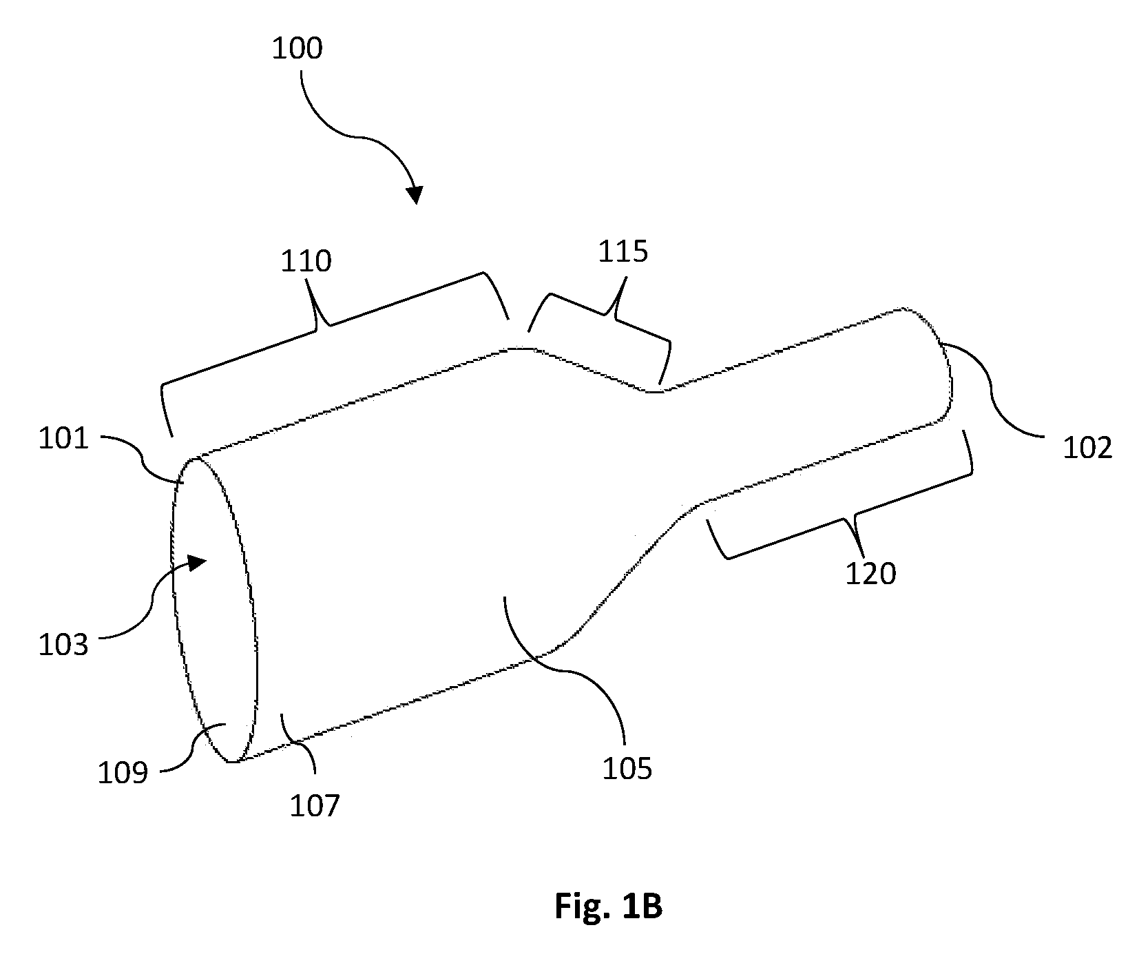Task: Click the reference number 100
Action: (x=297, y=50)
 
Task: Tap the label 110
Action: (x=306, y=261)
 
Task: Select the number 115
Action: (x=623, y=252)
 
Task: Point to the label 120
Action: (x=870, y=574)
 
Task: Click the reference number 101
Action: (x=63, y=438)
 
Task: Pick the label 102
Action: (x=1087, y=448)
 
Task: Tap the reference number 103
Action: (x=63, y=645)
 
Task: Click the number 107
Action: (x=314, y=805)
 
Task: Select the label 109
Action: (x=123, y=773)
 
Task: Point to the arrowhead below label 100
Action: (x=415, y=194)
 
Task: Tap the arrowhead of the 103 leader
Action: (x=197, y=563)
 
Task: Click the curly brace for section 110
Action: (x=324, y=324)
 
